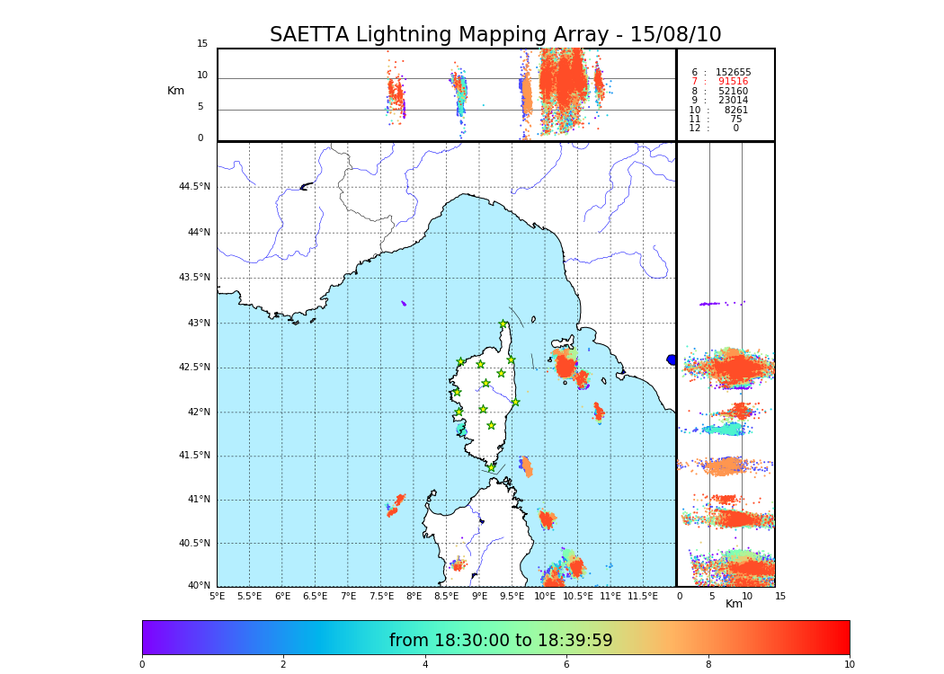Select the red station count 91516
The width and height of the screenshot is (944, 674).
point(733,82)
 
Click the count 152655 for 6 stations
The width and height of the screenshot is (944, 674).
point(733,73)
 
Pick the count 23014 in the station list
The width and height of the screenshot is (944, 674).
point(733,101)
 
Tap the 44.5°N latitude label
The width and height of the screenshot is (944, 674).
point(194,187)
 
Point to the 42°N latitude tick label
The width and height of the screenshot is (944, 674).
point(198,412)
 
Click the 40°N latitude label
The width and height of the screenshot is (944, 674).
point(198,586)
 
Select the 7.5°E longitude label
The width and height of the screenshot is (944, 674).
point(380,597)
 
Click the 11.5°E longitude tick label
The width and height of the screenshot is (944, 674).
point(643,597)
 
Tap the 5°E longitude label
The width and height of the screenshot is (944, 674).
point(217,597)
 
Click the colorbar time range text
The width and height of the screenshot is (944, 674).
point(501,640)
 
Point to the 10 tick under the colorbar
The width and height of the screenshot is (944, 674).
point(849,665)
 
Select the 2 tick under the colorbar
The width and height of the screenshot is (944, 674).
point(283,665)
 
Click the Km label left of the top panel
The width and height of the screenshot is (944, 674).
point(175,91)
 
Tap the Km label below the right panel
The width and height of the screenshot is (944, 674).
point(734,604)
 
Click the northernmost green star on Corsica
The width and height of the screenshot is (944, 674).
point(503,324)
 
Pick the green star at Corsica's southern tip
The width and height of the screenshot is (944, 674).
point(491,467)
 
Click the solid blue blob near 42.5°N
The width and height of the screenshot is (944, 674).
point(672,359)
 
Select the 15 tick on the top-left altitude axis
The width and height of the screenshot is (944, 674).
point(202,44)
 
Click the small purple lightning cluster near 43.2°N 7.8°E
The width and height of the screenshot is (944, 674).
point(404,304)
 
